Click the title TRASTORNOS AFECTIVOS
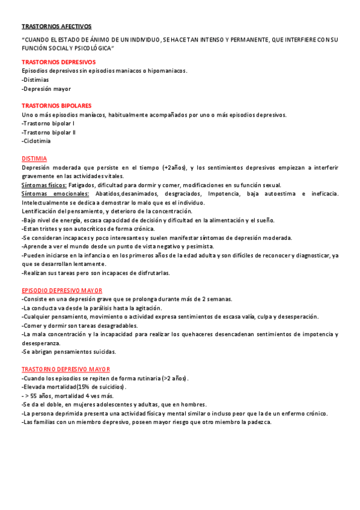click(56, 26)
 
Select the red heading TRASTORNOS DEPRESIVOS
click(58, 62)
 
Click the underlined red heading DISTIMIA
click(34, 158)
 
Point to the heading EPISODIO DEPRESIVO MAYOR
click(61, 290)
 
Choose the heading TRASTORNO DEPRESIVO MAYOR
click(66, 369)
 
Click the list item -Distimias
click(35, 79)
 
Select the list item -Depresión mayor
click(46, 88)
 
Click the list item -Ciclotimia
click(36, 141)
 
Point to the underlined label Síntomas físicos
click(44, 185)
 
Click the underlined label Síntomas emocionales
click(55, 194)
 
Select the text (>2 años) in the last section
click(175, 378)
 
